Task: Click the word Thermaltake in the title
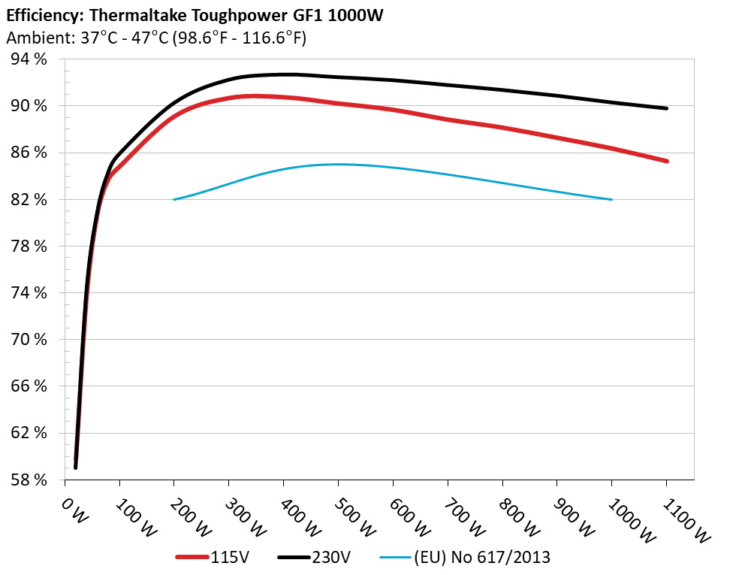[x=131, y=15]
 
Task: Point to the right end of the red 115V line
[x=666, y=161]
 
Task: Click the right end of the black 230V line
[x=666, y=108]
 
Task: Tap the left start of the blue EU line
[x=174, y=199]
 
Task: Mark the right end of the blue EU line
[x=612, y=199]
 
